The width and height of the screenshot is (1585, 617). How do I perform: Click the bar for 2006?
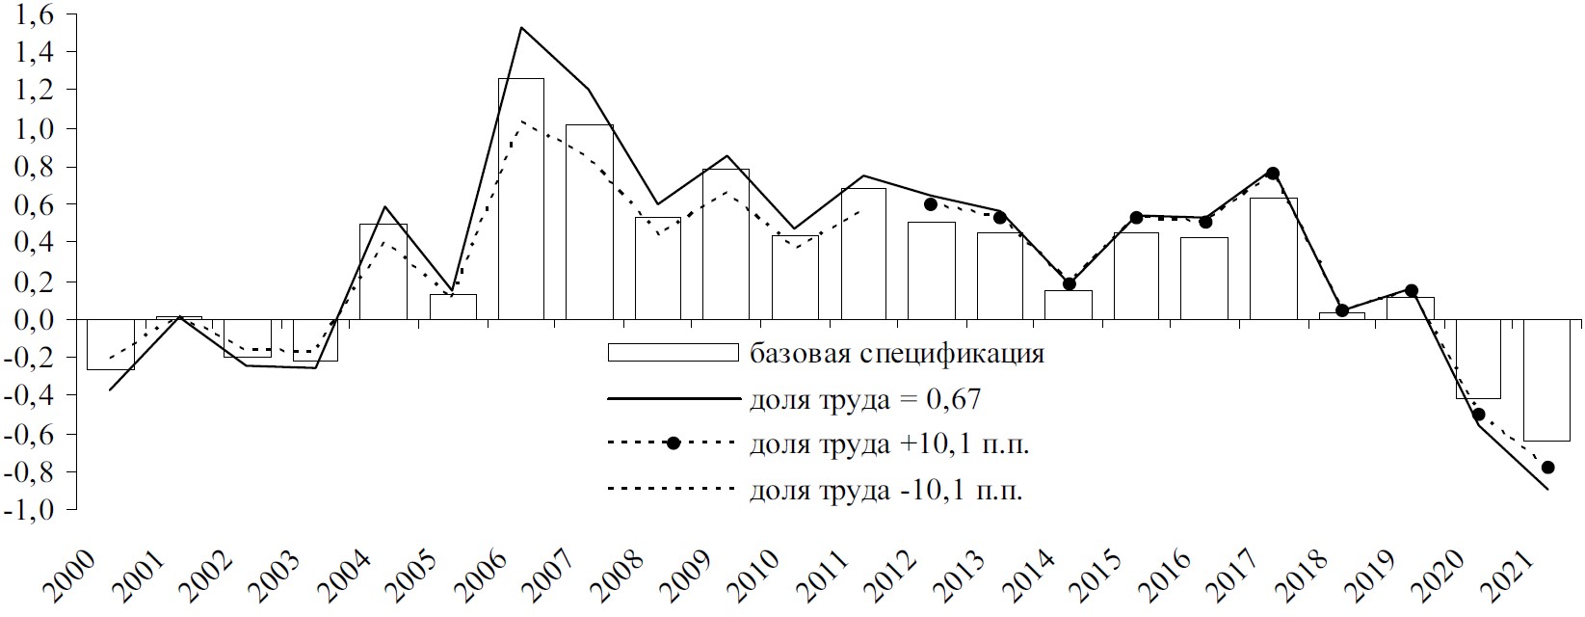[520, 199]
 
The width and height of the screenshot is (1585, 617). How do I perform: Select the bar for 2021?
[1546, 379]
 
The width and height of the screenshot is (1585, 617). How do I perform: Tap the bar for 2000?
[110, 344]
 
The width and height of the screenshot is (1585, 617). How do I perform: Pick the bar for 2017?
[1273, 258]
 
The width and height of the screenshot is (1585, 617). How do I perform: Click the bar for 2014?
[1068, 305]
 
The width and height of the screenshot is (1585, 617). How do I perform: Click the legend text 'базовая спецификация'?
[896, 354]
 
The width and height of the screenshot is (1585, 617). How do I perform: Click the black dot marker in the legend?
[674, 443]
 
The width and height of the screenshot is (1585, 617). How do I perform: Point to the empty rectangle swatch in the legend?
[673, 353]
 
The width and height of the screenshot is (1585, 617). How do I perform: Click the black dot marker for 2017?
[1273, 174]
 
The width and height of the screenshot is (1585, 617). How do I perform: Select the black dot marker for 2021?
[1547, 468]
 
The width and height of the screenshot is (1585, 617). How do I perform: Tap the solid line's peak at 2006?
[520, 27]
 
